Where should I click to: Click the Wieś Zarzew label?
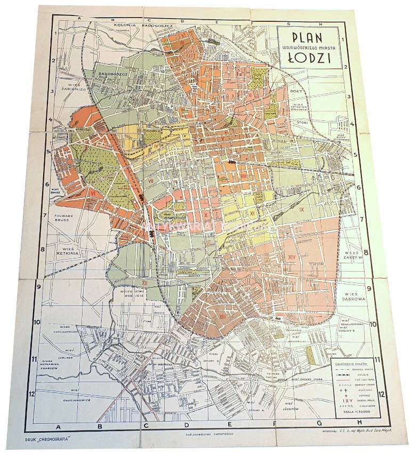pyautogui.click(x=353, y=254)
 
